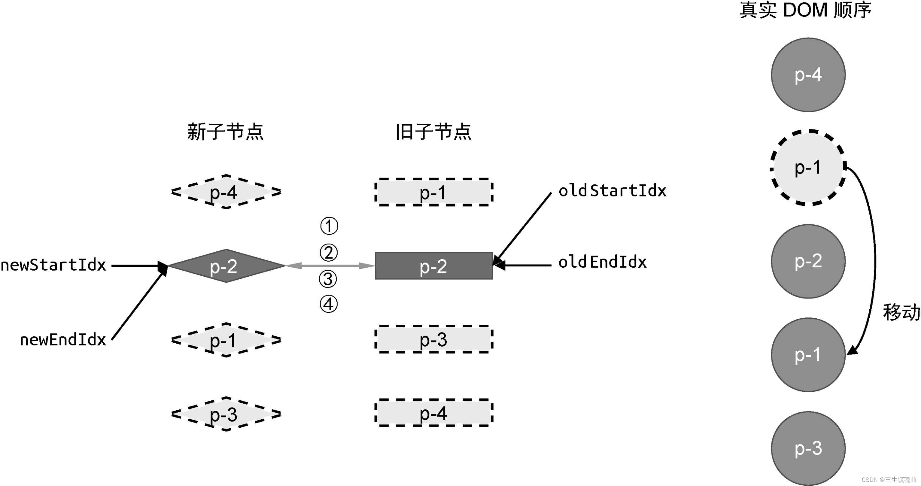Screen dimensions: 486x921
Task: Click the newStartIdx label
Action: [x=54, y=265]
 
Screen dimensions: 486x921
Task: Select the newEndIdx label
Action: [x=63, y=340]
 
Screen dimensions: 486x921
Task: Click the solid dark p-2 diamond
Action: [x=226, y=266]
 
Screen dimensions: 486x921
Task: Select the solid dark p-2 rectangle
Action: [x=434, y=266]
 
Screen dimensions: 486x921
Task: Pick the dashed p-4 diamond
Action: [x=226, y=192]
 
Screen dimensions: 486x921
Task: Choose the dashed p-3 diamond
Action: [x=226, y=414]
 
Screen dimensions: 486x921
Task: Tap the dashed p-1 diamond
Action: [x=226, y=340]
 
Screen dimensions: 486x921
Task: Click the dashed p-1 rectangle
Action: [x=434, y=192]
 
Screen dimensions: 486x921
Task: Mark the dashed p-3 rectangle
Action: [x=434, y=339]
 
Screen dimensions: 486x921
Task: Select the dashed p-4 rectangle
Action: [x=434, y=413]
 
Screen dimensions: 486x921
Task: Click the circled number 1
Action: [x=329, y=226]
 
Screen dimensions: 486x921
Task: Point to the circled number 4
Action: [x=328, y=304]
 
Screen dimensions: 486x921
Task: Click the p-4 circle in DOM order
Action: [x=808, y=75]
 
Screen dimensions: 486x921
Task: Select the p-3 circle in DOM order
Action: [x=808, y=448]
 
